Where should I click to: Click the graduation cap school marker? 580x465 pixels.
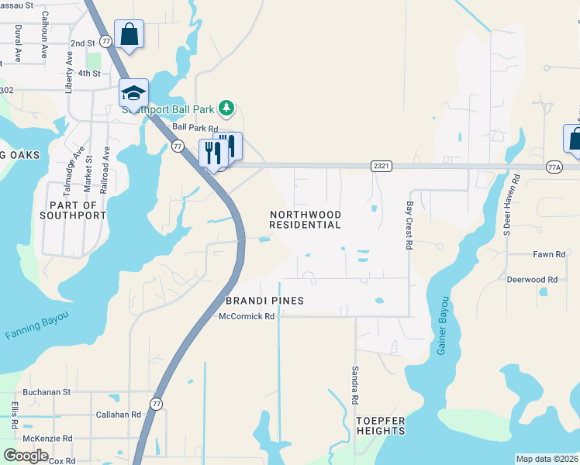(133, 94)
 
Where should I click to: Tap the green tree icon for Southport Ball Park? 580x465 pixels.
(226, 107)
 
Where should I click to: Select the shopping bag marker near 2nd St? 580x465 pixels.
(129, 35)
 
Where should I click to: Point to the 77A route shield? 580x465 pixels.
(554, 167)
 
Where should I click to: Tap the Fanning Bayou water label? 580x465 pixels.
(36, 325)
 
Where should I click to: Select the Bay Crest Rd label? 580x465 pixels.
(409, 226)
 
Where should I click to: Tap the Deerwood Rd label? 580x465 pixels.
(532, 279)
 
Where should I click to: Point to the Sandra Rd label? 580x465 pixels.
(354, 385)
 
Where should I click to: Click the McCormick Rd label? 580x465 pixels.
(247, 316)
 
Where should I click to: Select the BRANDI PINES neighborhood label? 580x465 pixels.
(264, 300)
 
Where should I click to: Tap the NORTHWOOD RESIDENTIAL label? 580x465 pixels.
(305, 219)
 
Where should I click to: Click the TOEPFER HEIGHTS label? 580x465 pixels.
(381, 425)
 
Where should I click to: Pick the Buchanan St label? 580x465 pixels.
(47, 393)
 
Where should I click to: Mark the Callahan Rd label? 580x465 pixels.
(117, 415)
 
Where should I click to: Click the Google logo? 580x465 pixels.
(26, 455)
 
